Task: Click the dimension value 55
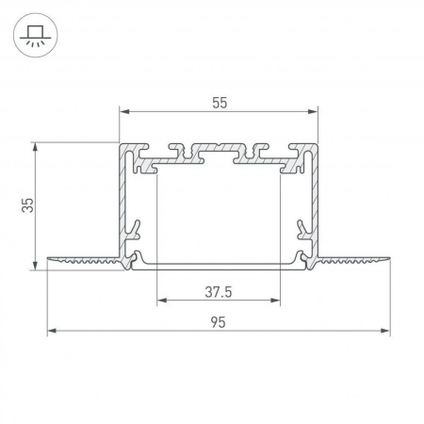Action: click(219, 103)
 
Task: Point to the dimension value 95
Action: click(219, 322)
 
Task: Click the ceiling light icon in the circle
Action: click(33, 33)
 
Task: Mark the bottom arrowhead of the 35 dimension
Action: click(37, 266)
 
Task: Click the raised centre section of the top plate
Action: click(218, 150)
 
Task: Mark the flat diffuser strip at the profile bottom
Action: click(218, 269)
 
